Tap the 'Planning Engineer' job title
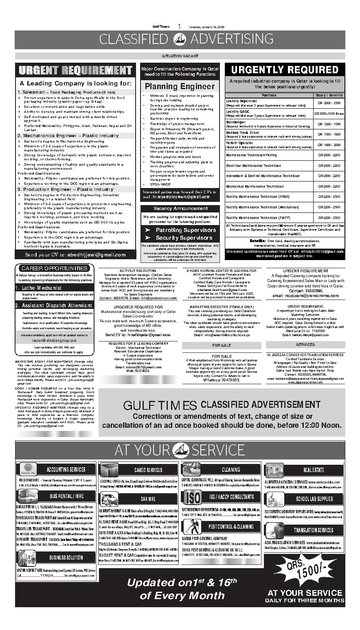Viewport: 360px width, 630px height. pyautogui.click(x=180, y=86)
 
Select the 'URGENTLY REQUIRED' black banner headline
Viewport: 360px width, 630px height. pyautogui.click(x=285, y=70)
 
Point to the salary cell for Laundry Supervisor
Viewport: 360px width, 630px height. pyautogui.click(x=329, y=103)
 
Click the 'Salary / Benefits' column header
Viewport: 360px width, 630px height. pyautogui.click(x=329, y=95)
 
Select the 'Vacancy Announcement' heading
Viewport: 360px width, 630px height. pyautogui.click(x=180, y=208)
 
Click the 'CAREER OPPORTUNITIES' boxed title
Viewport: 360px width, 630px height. pyautogui.click(x=54, y=268)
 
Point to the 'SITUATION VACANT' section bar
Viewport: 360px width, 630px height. pyautogui.click(x=180, y=56)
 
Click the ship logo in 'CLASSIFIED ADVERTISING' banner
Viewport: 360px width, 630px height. pyautogui.click(x=180, y=39)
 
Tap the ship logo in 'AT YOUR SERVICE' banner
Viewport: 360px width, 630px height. pyautogui.click(x=180, y=450)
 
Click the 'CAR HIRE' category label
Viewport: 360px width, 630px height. pyautogui.click(x=148, y=499)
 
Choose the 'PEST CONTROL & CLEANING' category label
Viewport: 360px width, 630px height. pyautogui.click(x=231, y=527)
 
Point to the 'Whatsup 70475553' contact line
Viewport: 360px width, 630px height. pyautogui.click(x=222, y=380)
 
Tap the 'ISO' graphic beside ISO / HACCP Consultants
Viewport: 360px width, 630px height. pyautogui.click(x=192, y=497)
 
